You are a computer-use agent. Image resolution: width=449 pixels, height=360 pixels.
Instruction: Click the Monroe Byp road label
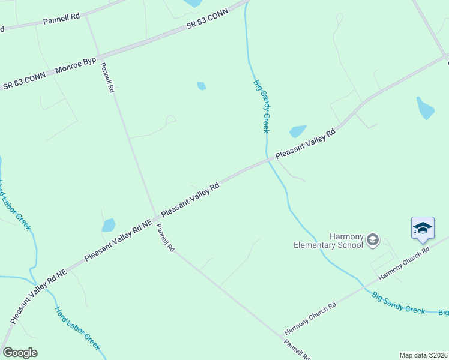tap(75, 66)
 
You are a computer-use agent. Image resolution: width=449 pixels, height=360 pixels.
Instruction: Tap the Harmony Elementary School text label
tap(328, 240)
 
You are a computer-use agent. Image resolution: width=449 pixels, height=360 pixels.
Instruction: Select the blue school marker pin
tap(423, 229)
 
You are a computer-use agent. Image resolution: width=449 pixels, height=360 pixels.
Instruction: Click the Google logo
tap(20, 353)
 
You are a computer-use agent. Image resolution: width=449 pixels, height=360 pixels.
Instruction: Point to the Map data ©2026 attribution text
tap(423, 355)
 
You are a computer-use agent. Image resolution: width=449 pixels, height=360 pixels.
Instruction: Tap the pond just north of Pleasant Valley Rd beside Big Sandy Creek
tap(298, 131)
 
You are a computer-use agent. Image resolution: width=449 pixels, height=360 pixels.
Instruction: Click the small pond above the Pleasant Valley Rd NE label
tap(109, 226)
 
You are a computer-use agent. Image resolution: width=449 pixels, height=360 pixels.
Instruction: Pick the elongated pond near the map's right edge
tap(425, 108)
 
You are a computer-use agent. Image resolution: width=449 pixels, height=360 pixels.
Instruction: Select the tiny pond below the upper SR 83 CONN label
tap(202, 86)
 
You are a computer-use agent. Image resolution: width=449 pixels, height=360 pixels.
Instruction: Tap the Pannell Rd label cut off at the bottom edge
tap(297, 349)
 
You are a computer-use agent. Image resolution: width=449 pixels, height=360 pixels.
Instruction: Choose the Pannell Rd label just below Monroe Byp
tap(107, 77)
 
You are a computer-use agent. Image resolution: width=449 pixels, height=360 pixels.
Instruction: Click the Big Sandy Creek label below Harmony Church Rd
tap(399, 302)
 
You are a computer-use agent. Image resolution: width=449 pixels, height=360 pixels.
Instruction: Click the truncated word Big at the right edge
tap(443, 313)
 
